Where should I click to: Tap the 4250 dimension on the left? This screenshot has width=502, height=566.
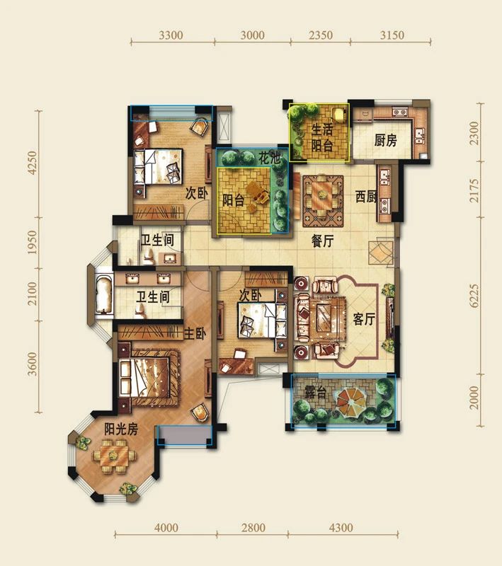[x=31, y=163]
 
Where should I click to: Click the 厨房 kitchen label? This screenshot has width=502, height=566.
[x=385, y=140]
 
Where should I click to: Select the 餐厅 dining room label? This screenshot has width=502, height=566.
[x=323, y=240]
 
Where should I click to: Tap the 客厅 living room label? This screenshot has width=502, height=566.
[x=363, y=319]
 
